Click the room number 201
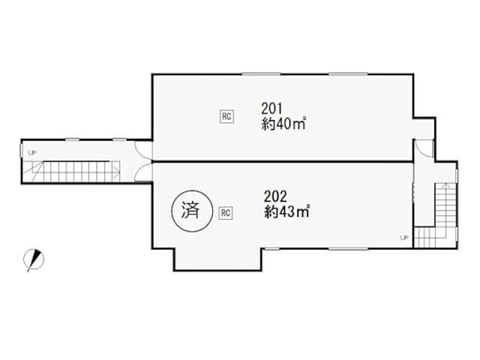272,108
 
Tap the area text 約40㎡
284,124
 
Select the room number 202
275,196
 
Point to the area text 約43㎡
287,212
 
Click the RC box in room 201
227,116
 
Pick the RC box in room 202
226,213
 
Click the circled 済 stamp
191,211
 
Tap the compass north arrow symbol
34,260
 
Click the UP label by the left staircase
32,153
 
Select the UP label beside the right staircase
404,238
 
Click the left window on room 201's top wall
261,74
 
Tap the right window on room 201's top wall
349,74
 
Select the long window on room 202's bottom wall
349,248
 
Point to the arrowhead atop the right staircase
446,185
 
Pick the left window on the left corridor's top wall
73,140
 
